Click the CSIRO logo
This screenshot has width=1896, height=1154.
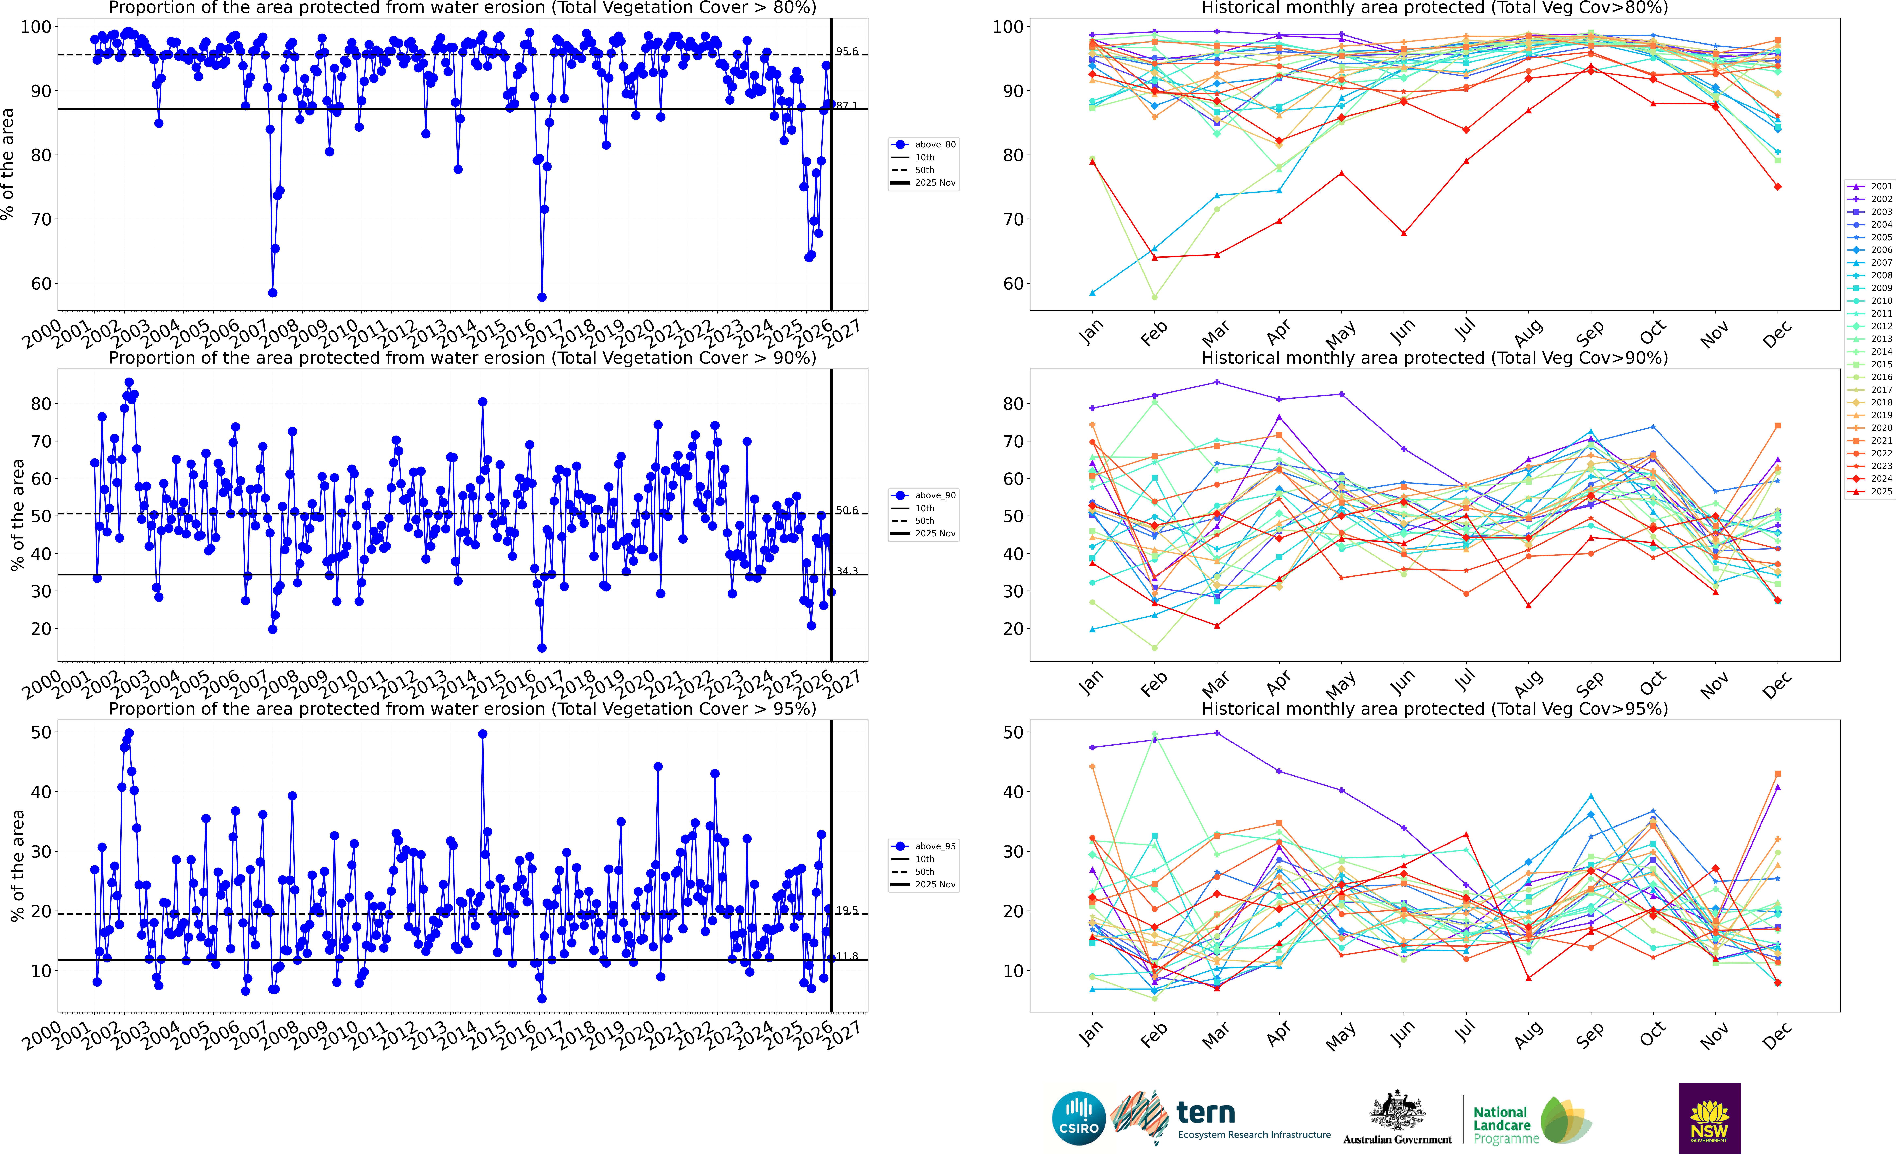click(x=1078, y=1118)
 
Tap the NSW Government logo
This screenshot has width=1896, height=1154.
click(x=1709, y=1118)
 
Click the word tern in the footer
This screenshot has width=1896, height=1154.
click(x=1206, y=1113)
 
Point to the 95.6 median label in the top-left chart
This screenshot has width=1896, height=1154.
click(x=846, y=52)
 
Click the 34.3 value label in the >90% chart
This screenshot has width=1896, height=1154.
click(x=846, y=571)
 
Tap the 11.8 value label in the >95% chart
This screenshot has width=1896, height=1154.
click(x=846, y=956)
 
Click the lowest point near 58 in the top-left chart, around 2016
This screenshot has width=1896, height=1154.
click(x=542, y=297)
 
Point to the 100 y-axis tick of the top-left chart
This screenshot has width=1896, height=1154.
click(x=35, y=27)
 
